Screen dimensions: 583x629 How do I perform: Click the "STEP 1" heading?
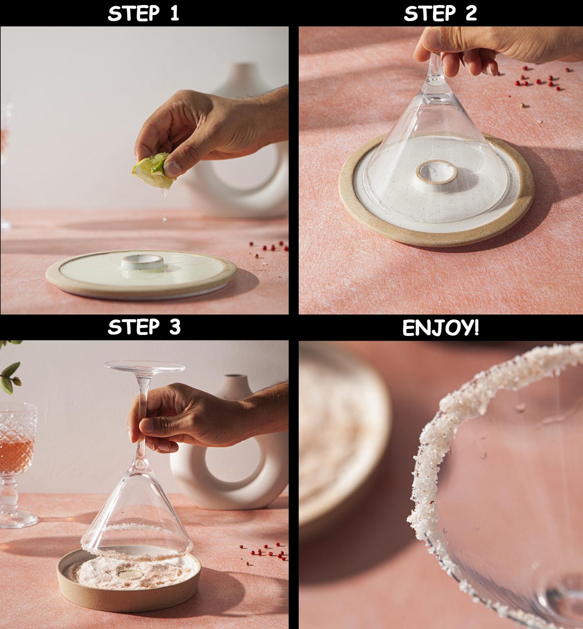(144, 13)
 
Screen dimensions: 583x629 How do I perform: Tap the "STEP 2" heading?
(440, 13)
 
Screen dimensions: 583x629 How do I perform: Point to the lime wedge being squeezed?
(152, 171)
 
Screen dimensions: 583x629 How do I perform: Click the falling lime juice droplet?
(164, 219)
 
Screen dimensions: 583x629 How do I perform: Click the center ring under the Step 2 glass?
(437, 172)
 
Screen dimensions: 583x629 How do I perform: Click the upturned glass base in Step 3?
(144, 366)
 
